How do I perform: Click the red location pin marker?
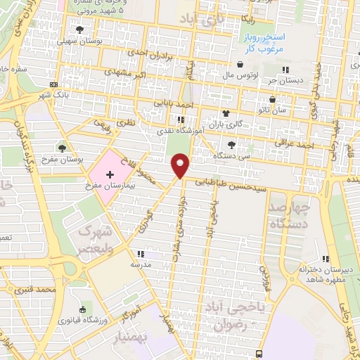click(x=181, y=165)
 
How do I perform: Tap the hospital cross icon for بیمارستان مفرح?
click(x=110, y=173)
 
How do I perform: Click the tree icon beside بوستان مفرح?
click(x=63, y=148)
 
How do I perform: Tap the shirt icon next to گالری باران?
click(x=226, y=113)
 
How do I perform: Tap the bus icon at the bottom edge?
click(x=259, y=353)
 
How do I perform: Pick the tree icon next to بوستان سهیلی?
click(x=79, y=29)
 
